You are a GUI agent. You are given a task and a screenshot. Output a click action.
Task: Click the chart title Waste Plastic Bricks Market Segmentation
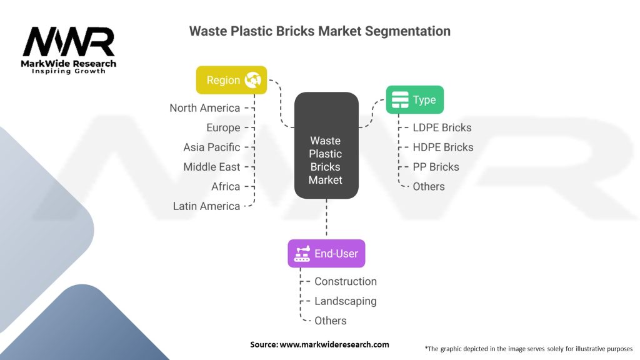pos(319,31)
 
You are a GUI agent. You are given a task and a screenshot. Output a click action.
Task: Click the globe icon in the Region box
pos(253,80)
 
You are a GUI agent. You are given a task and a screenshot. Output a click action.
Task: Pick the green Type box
pos(414,99)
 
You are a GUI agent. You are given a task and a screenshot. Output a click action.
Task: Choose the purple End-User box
pos(326,253)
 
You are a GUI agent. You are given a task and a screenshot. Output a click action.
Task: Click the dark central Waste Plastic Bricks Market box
pos(326,146)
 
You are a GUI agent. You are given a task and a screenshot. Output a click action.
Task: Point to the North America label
pos(205,108)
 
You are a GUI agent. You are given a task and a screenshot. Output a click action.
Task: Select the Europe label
pos(223,127)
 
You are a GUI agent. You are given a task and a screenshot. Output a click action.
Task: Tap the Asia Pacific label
pos(212,147)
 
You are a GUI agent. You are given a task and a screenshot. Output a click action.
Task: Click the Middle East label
pos(212,167)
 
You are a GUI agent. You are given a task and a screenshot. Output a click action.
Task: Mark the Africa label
pos(226,186)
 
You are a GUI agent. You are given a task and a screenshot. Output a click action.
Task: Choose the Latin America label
pos(207,206)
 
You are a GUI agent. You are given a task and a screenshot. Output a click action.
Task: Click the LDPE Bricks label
pos(442,127)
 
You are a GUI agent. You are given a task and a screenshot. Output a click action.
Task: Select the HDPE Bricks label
pos(443,147)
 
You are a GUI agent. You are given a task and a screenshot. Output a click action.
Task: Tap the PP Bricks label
pos(436,167)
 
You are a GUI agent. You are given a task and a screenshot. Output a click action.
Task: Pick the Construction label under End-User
pos(346,281)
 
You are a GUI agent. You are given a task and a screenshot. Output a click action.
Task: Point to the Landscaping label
pos(346,301)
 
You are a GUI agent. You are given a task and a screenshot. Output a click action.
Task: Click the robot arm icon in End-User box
pos(302,253)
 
